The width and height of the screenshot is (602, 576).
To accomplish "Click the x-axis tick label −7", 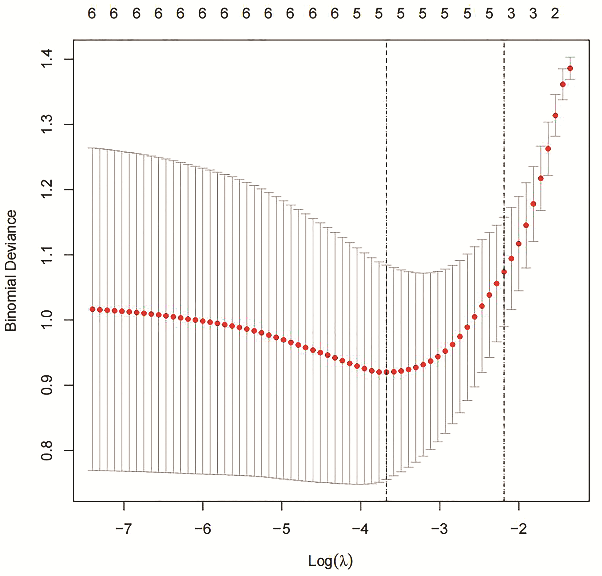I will pos(123,529).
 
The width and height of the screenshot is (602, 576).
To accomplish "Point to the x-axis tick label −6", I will pos(202,529).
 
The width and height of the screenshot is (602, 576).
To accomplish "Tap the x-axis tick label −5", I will pos(281,529).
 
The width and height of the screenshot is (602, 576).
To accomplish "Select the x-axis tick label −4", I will pos(360,529).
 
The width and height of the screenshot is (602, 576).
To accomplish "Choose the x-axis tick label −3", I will pos(439,529).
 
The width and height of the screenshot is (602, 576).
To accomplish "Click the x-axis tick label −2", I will pos(518,529).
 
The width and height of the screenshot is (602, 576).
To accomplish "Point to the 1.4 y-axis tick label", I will pos(47,59).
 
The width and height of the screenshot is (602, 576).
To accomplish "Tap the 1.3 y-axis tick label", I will pos(47,124).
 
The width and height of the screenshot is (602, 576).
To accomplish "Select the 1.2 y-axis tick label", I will pos(47,189).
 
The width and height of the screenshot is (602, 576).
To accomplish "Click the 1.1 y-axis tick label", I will pos(47,255).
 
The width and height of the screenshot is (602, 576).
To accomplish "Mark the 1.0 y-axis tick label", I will pos(47,320).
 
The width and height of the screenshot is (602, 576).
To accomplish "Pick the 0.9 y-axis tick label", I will pos(47,385).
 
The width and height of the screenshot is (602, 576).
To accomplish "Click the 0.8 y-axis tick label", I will pos(47,450).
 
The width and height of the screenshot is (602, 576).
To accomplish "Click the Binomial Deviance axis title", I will pos(11,271).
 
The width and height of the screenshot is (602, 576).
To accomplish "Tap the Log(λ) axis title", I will pos(330,561).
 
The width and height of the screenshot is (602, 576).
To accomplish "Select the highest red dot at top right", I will pos(570,68).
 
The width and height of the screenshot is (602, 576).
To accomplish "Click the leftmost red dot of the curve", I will pos(92,309).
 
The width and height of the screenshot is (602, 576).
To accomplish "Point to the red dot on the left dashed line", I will pos(386,372).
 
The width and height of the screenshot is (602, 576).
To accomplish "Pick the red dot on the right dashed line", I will pos(504,272).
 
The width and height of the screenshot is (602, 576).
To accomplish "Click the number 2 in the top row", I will pos(555,14).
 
